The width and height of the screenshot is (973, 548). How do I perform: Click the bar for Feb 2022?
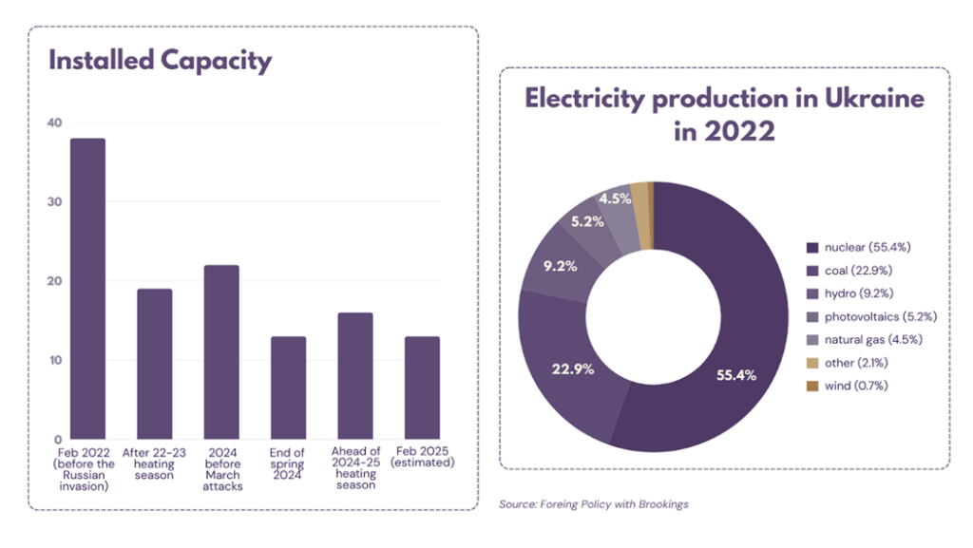point(88,289)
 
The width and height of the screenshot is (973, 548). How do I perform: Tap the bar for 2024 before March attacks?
point(221,352)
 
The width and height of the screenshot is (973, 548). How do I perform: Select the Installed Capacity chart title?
point(160,61)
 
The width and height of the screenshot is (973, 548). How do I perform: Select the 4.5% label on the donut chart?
point(614,199)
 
